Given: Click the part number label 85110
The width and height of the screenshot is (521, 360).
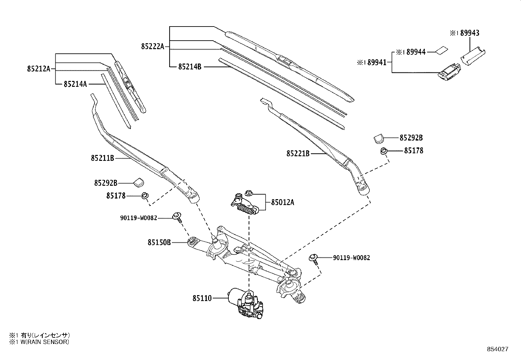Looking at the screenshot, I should coord(202,298).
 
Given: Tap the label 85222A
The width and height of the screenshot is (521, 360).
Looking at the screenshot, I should coord(153,47).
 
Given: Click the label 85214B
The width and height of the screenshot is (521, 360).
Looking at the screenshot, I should coord(189,67).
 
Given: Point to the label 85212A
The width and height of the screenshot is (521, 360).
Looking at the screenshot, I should coord(39,69).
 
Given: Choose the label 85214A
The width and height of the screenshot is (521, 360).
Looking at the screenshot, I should coord(75,84).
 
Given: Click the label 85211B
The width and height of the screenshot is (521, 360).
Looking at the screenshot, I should coord(102,158).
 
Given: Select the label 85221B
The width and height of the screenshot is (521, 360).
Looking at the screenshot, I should coord(298,153).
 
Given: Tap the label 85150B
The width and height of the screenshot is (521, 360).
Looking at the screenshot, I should coord(159,243).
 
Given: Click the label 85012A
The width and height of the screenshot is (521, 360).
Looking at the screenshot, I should coord(282,202).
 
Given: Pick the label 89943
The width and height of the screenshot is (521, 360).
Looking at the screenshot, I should coord(470,33).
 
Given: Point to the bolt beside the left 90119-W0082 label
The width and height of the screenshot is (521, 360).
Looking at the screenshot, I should coord(177,217).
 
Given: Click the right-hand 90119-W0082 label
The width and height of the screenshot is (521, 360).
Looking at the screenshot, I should coord(351,258).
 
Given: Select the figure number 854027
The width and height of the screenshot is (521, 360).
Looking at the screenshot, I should coord(497,349).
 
